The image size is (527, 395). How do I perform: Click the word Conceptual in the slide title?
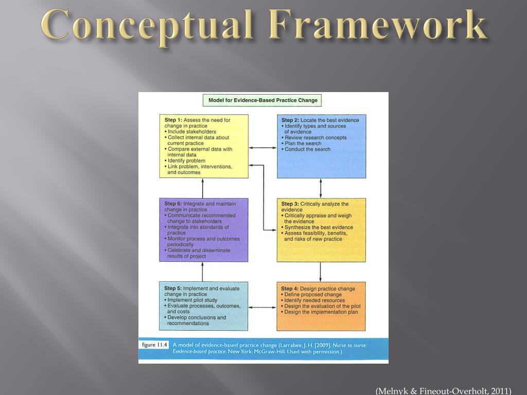[x=145, y=25]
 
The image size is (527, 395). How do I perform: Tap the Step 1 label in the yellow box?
[x=173, y=120]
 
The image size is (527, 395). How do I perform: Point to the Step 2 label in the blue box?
[x=290, y=120]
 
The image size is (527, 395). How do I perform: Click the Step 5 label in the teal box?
[x=173, y=289]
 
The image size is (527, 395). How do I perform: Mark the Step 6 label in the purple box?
[x=173, y=204]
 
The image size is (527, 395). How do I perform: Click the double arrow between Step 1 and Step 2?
[x=262, y=148]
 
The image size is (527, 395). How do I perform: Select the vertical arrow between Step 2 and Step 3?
[x=321, y=188]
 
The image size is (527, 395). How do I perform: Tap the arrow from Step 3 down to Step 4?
[x=321, y=272]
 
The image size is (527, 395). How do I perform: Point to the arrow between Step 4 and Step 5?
[x=262, y=308]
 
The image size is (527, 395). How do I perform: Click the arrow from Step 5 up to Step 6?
[x=203, y=272]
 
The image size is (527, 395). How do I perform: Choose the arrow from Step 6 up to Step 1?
[x=203, y=188]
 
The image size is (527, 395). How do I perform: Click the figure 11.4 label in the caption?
[x=154, y=345]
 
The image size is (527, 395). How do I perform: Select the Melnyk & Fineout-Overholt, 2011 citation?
[x=443, y=391]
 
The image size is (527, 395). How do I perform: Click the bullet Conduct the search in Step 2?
[x=307, y=149]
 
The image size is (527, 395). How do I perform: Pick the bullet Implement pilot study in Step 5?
[x=192, y=300]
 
